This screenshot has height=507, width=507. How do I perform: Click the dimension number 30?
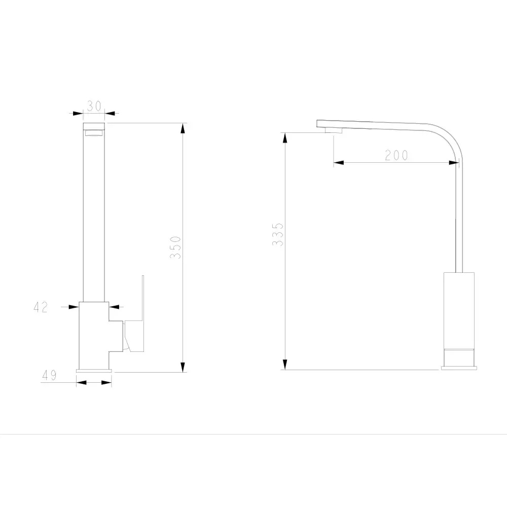pos(94,106)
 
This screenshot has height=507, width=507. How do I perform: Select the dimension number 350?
pos(175,247)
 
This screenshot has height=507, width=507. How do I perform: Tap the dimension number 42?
pos(41,307)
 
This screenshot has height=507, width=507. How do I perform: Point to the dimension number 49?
pos(49,375)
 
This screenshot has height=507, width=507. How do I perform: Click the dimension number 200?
pos(396,155)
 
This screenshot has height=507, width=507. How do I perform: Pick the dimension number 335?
pos(277,234)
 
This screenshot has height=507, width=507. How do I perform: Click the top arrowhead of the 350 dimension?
pos(183,128)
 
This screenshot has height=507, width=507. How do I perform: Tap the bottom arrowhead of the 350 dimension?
pos(183,367)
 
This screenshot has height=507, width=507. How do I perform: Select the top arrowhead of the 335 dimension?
pos(285,138)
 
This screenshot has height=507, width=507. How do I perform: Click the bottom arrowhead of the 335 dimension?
pos(285,365)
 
